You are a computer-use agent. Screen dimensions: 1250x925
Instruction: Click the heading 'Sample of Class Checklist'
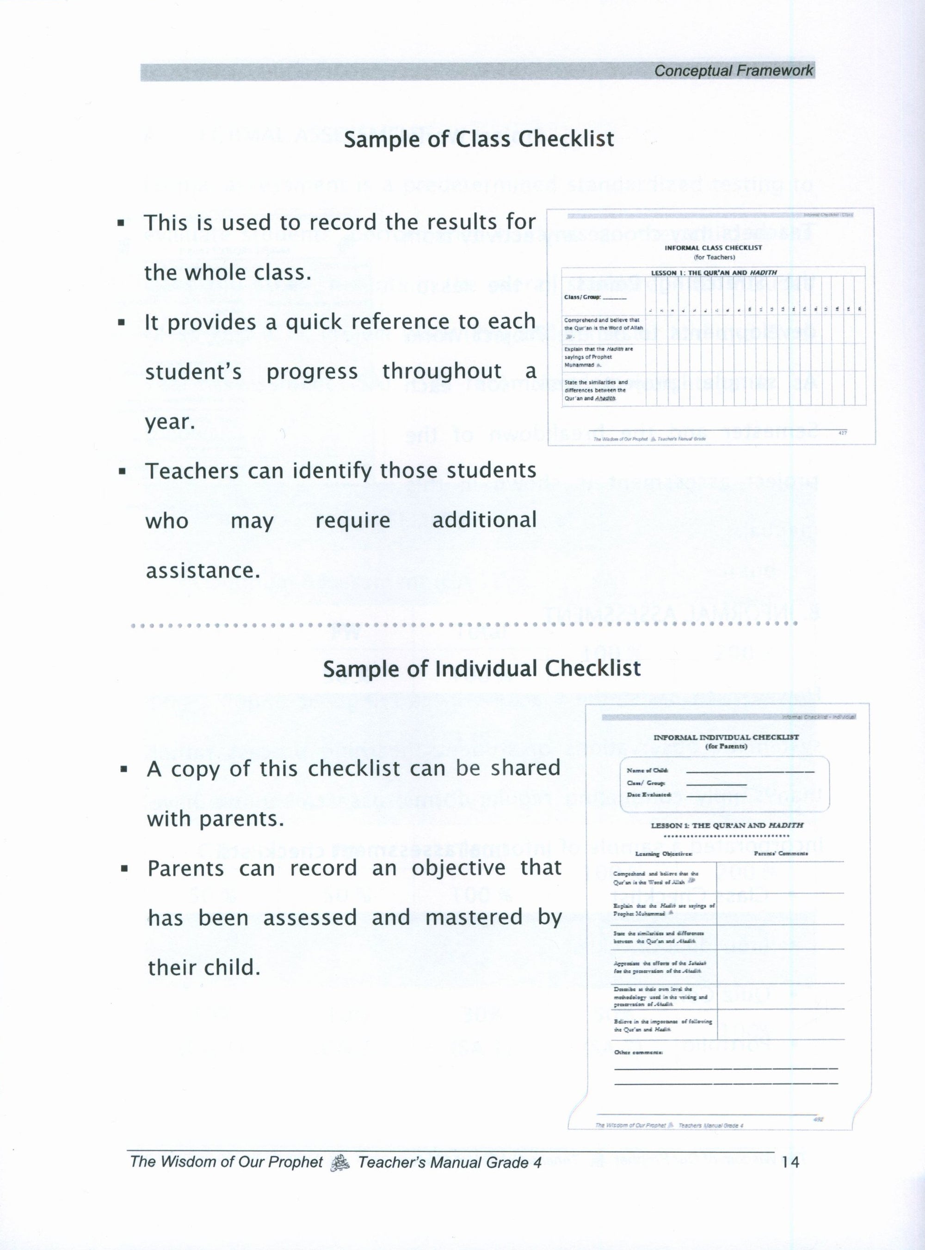pyautogui.click(x=479, y=139)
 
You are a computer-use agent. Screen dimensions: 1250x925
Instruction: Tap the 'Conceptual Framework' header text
pyautogui.click(x=734, y=71)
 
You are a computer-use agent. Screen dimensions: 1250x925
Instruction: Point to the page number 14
pyautogui.click(x=790, y=1163)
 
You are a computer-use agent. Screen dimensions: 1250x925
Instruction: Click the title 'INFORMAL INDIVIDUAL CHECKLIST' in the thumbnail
pyautogui.click(x=726, y=737)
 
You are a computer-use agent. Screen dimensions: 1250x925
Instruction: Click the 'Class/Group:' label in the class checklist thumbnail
pyautogui.click(x=582, y=297)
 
